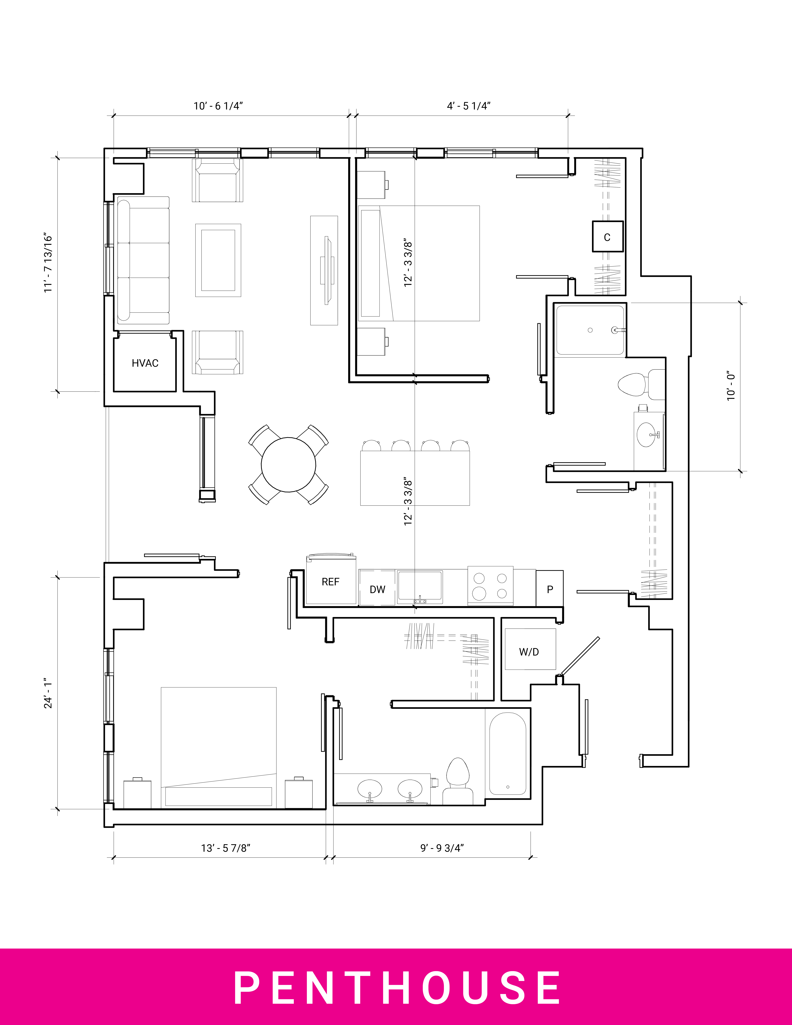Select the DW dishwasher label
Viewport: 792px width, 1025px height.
pos(377,590)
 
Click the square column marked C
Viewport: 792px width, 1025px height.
pos(607,237)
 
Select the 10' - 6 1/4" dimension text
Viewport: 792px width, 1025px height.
pos(218,106)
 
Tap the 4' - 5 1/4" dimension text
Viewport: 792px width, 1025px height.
pos(468,106)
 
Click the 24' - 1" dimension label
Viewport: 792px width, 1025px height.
pos(48,693)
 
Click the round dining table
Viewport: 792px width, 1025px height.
pos(288,465)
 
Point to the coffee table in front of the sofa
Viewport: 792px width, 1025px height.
pos(218,260)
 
